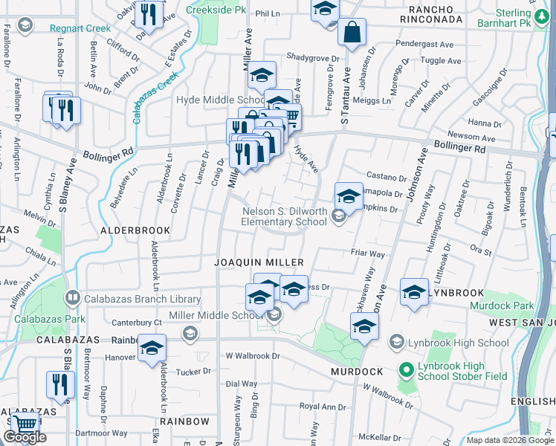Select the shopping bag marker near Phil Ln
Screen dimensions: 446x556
(x=352, y=33)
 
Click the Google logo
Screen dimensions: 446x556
(x=25, y=437)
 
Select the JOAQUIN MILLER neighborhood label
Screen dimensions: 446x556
(x=259, y=262)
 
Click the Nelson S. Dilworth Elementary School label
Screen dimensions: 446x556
(x=285, y=216)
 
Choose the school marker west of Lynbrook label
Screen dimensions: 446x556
(x=414, y=291)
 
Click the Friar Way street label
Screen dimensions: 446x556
(x=367, y=254)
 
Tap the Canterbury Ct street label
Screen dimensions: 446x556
(x=136, y=323)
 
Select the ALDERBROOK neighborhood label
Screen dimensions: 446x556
(x=135, y=231)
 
